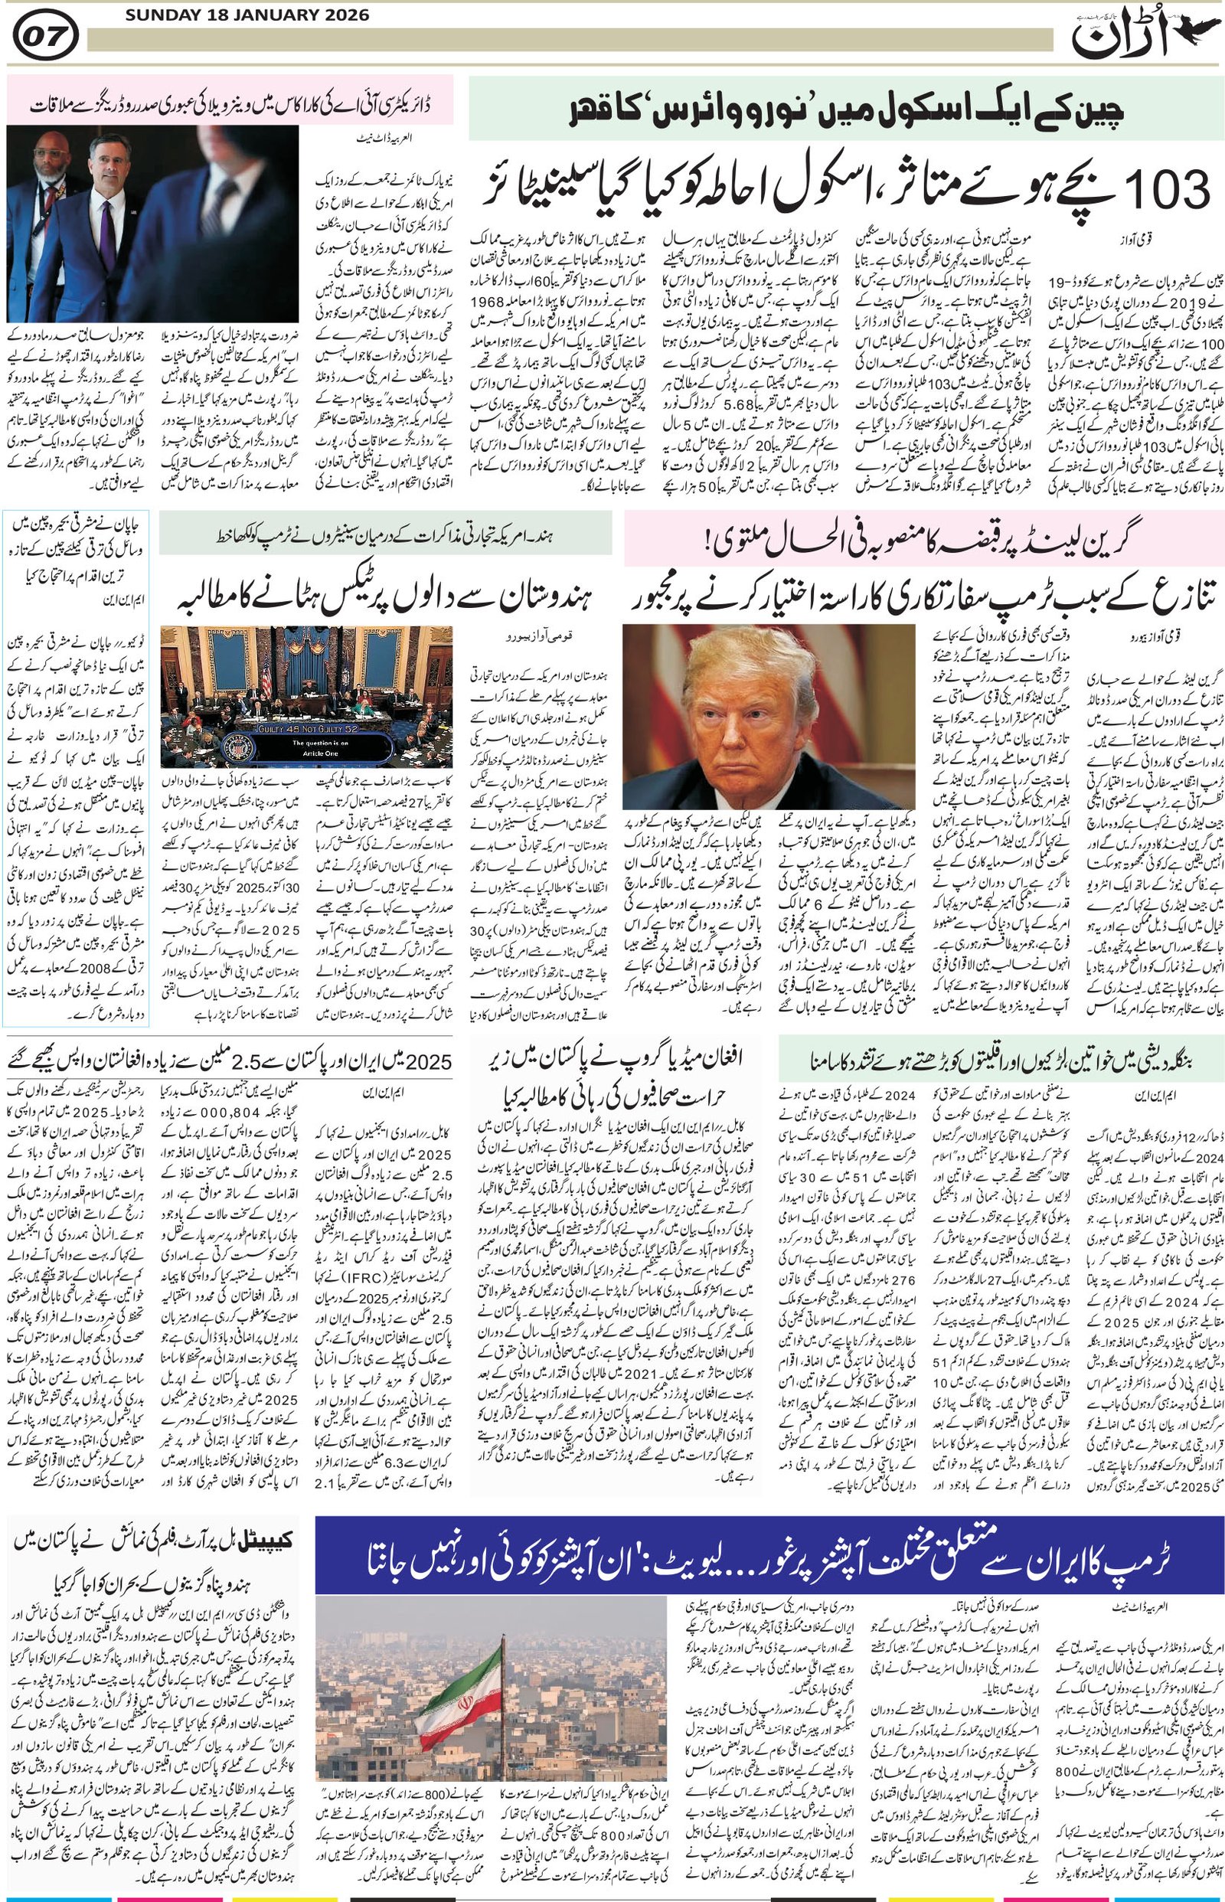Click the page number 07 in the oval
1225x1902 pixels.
(x=45, y=38)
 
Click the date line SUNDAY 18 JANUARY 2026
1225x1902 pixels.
(x=236, y=15)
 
